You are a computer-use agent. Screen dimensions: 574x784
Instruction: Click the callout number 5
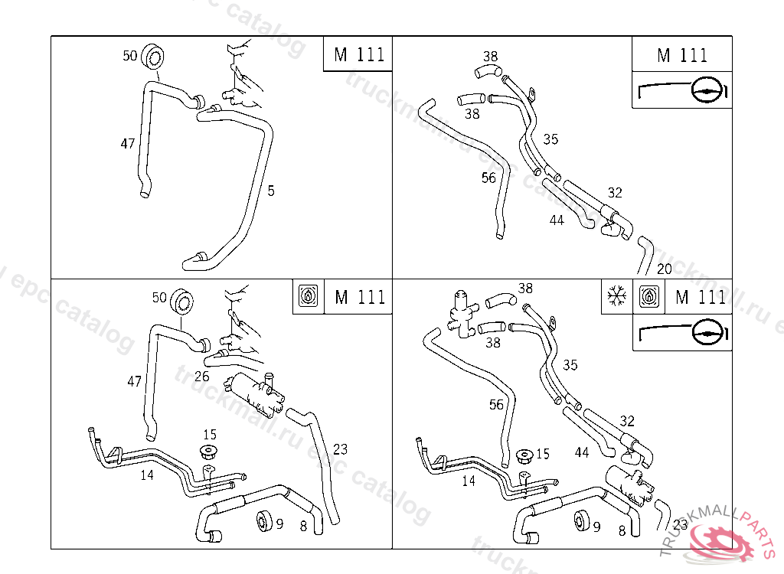(x=271, y=191)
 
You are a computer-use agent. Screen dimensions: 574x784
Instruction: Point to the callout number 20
(x=665, y=269)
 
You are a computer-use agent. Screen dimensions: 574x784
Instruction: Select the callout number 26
(x=201, y=376)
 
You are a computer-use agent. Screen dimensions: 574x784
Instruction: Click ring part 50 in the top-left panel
(x=155, y=57)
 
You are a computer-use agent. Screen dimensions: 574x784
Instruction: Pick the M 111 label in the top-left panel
(x=358, y=55)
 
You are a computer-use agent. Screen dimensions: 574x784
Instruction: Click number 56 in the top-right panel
(x=488, y=178)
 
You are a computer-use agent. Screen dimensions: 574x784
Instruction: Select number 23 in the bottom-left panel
(x=341, y=449)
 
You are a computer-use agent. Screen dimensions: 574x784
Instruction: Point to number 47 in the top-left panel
(x=128, y=143)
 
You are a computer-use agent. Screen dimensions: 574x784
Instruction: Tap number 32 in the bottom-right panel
(x=627, y=421)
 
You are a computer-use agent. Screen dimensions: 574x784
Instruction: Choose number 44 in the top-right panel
(x=557, y=220)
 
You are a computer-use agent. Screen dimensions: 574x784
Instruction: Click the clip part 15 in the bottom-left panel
(x=207, y=452)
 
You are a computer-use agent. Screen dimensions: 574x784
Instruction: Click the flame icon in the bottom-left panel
(x=308, y=296)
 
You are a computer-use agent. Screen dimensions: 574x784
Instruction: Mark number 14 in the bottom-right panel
(x=469, y=481)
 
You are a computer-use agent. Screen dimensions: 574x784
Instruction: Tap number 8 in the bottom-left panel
(x=303, y=526)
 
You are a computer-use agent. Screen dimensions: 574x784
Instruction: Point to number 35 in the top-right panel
(x=550, y=139)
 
